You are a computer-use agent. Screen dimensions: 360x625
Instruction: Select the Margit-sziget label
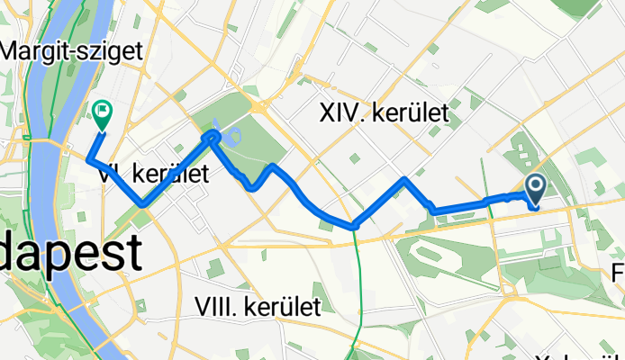[x=72, y=52]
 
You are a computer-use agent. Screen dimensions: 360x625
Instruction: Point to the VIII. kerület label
[x=258, y=307]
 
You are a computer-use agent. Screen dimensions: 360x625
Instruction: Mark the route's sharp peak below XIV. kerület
[x=405, y=180]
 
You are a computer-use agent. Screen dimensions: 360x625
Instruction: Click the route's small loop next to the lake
[x=213, y=136]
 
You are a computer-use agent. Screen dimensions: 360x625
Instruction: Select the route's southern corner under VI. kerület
[x=143, y=204]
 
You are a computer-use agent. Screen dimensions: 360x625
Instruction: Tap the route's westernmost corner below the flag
[x=88, y=159]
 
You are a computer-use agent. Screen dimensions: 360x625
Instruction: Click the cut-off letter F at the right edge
[x=618, y=271]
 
